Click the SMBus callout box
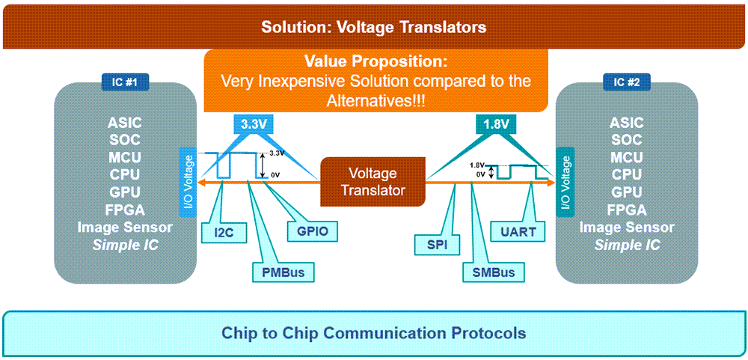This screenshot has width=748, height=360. tap(493, 272)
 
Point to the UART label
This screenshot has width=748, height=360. tap(518, 232)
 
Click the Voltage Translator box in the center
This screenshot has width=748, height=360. tap(373, 182)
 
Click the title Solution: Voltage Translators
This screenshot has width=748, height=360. tap(373, 28)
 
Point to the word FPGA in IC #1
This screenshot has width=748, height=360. tap(125, 210)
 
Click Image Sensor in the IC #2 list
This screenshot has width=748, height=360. tap(626, 228)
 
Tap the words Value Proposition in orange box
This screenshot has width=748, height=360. tap(375, 62)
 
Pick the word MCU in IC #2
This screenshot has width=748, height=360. tap(626, 157)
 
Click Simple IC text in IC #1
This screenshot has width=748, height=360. tap(125, 245)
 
